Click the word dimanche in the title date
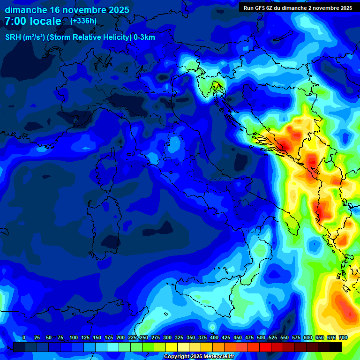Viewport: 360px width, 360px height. point(26,10)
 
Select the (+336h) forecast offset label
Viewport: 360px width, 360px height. point(83,21)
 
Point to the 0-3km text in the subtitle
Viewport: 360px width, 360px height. point(144,37)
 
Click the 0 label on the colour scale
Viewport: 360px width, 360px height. point(24,338)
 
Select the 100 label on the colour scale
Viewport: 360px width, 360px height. point(74,338)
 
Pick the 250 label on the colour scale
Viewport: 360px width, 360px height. point(144,338)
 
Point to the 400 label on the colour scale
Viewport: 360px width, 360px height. point(214,338)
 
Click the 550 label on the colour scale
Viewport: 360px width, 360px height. point(285,338)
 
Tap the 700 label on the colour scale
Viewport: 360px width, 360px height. point(343,338)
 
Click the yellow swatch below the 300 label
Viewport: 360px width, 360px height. point(171,347)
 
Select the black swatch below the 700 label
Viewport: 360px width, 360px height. point(336,347)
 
